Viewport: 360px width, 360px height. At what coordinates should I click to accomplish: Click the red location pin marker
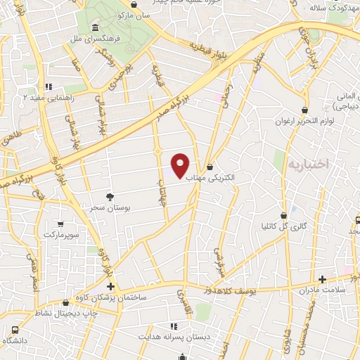[x=181, y=165]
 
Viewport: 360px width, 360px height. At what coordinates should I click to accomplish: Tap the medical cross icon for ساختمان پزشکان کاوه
[x=110, y=286]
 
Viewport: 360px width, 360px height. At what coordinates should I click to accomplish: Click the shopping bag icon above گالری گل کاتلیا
[x=284, y=215]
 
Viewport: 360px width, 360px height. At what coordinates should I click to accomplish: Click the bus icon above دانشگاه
[x=15, y=329]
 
